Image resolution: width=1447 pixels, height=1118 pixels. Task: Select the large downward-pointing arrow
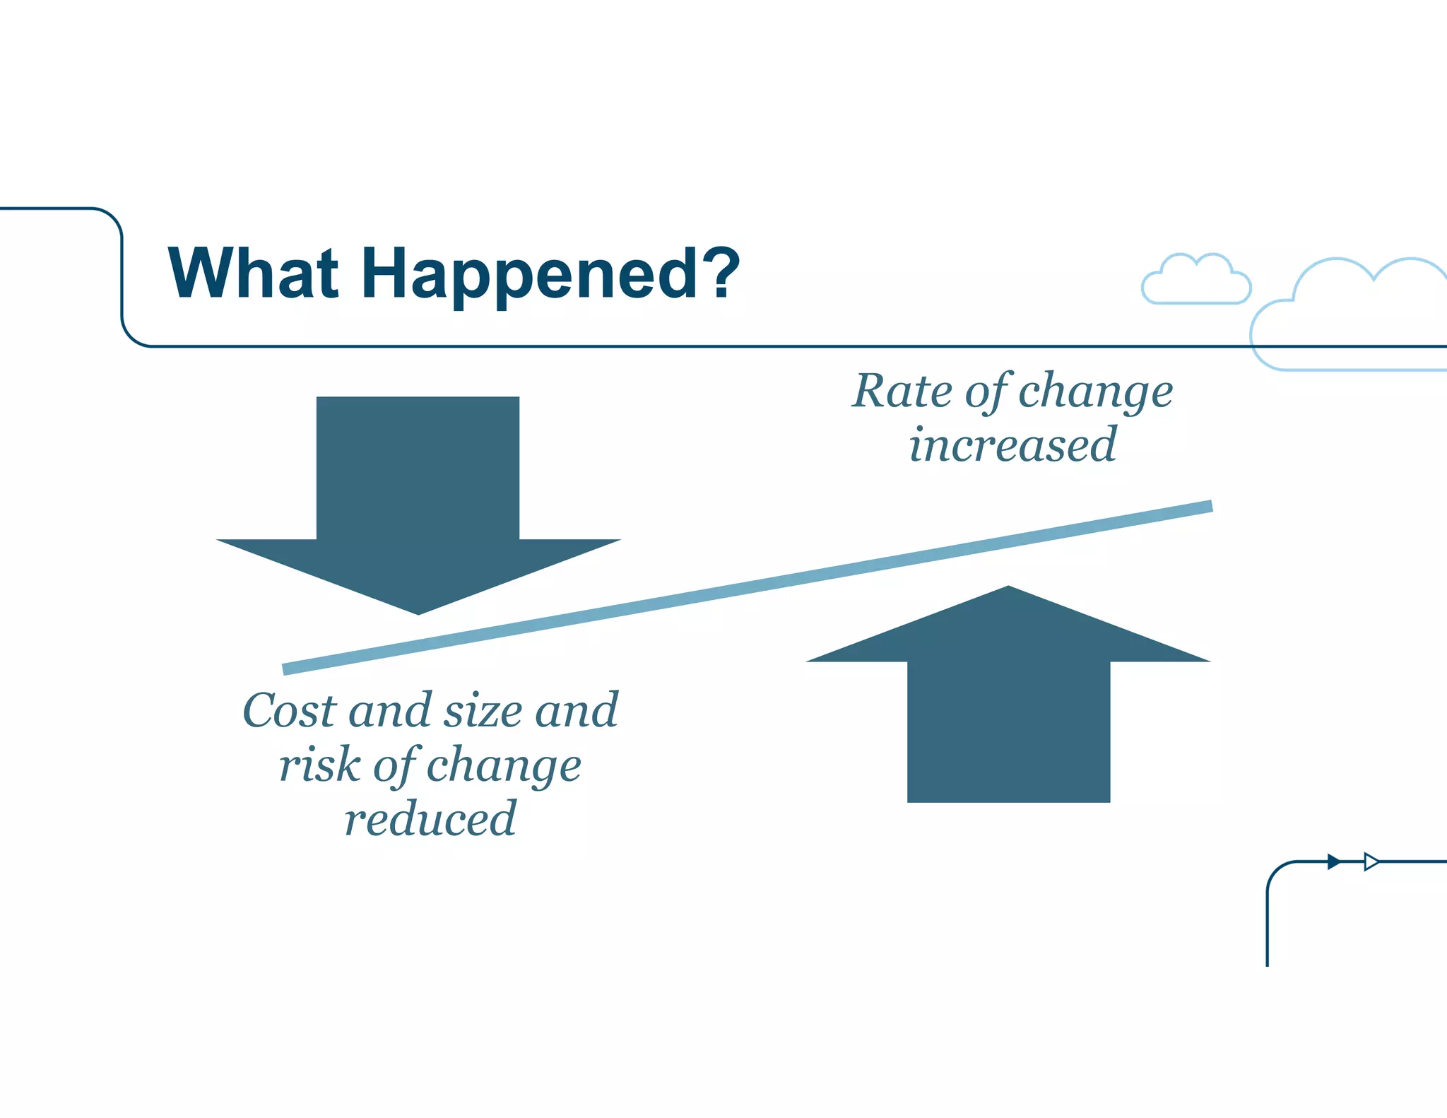click(418, 495)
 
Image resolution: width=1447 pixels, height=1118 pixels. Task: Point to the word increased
click(1012, 445)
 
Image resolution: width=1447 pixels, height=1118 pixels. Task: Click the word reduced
click(430, 819)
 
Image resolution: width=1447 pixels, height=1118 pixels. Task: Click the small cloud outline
click(1195, 281)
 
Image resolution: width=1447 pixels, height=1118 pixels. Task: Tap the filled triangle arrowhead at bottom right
click(1333, 861)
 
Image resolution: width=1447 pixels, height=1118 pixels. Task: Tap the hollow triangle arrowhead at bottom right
click(1371, 861)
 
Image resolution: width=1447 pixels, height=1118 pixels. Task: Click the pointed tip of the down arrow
click(418, 612)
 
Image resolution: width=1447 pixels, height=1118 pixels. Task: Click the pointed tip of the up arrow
click(1008, 589)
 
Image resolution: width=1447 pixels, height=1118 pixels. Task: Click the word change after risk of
click(504, 766)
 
